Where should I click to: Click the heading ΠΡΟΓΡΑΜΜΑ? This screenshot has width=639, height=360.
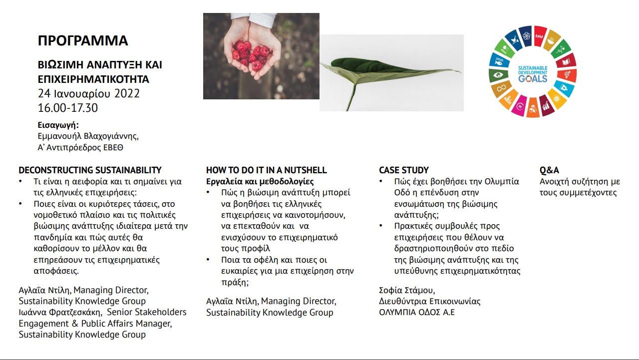83,40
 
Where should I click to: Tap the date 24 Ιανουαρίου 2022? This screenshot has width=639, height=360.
89,93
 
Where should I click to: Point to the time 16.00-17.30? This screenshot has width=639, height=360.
67,108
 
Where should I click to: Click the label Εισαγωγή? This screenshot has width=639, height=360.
58,125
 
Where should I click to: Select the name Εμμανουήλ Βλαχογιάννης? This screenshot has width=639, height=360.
88,136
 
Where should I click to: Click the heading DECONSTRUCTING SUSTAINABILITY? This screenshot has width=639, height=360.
90,170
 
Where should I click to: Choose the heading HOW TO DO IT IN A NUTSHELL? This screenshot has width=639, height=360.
267,170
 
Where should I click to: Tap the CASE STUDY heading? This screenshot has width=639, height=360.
404,170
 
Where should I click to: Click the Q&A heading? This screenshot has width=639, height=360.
549,170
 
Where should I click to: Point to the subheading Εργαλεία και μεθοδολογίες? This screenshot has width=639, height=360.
260,181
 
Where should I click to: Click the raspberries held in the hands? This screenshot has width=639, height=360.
251,55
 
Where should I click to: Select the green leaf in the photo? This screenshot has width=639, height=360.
389,71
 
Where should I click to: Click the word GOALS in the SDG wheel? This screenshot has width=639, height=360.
533,79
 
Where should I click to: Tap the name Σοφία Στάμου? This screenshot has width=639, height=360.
407,290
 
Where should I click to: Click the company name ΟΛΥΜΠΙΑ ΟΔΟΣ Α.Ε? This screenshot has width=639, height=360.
416,313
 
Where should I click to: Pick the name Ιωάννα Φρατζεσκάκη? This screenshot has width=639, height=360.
60,313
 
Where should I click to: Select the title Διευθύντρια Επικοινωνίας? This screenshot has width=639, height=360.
430,301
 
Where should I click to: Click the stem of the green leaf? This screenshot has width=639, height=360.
351,97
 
